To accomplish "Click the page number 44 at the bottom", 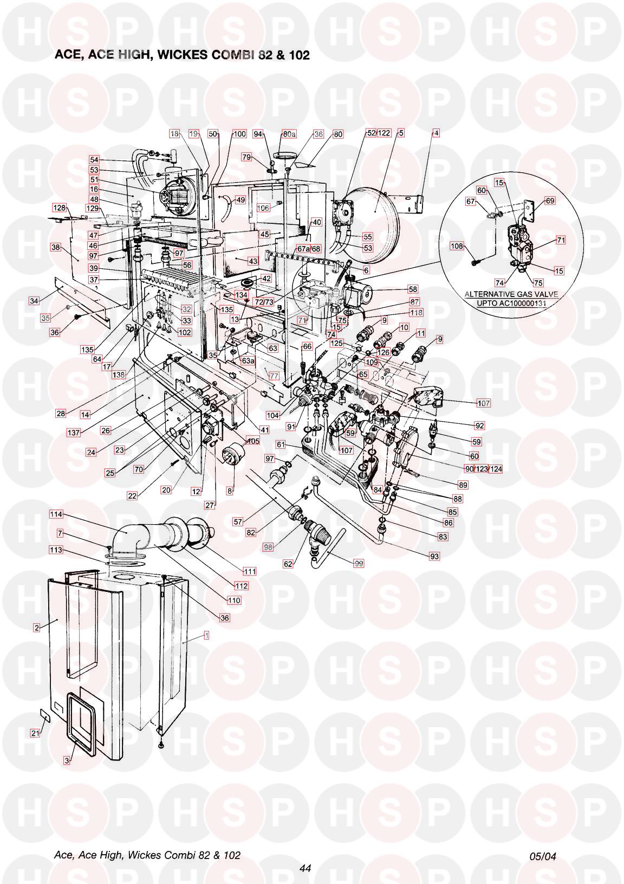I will point(305,868).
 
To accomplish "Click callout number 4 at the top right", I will point(436,133).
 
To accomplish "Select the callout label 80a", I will point(290,134).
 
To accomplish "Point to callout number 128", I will point(59,208).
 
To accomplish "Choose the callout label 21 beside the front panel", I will point(35,733).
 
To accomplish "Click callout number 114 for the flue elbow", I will point(56,514).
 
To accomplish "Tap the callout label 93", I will point(434,556).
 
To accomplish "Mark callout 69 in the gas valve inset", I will point(550,201).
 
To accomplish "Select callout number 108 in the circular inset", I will point(457,246).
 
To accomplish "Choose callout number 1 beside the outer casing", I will point(206,635).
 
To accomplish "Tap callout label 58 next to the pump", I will point(413,289).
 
